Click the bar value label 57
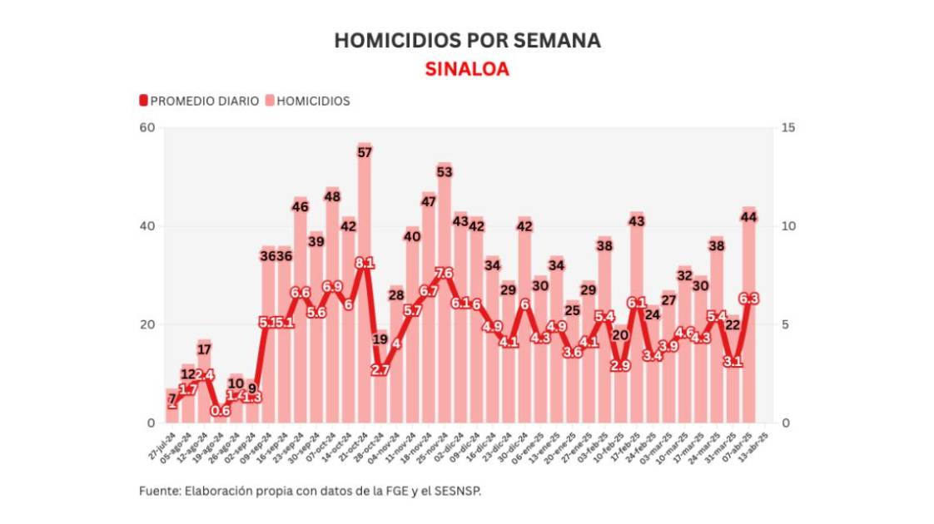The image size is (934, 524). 365,152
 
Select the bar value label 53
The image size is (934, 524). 445,172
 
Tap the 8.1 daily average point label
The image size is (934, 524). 365,263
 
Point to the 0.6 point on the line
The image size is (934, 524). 221,410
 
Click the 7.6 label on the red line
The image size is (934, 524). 445,273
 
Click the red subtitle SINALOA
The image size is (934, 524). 467,69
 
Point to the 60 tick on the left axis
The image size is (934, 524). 147,127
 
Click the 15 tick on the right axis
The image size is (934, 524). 788,127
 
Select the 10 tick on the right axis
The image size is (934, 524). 788,226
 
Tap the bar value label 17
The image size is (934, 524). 205,349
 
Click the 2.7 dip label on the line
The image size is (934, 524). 380,370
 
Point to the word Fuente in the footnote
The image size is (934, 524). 156,491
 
